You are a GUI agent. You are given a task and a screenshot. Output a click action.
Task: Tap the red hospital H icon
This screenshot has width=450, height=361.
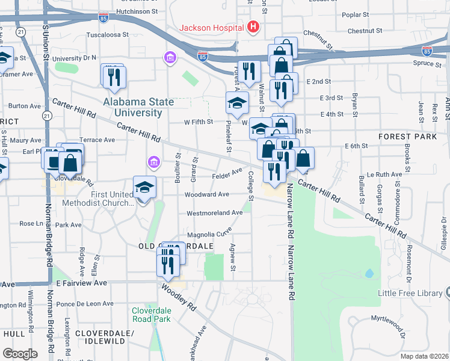pos(253,27)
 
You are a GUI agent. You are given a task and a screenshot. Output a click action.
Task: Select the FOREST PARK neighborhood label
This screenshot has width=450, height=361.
pos(407,137)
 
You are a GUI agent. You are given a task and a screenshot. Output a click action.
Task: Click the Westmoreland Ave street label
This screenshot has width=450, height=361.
pos(214,213)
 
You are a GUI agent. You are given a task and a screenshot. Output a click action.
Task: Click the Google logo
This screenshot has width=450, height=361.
pos(20,354)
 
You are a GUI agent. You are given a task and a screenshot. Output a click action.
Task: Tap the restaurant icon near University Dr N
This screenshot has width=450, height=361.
pos(112,76)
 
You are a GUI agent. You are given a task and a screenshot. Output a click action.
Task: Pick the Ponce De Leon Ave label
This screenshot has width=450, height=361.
pos(85,304)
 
